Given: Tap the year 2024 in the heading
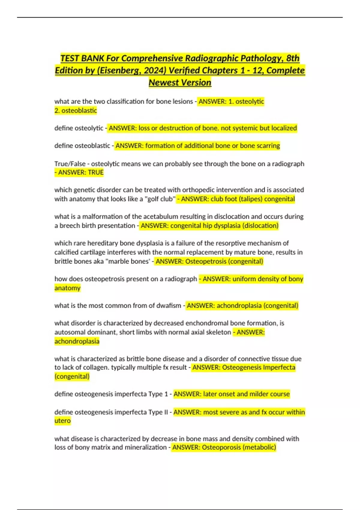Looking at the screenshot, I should click(155, 70).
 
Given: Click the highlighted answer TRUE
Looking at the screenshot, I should click(96, 172).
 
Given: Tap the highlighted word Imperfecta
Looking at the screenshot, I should click(279, 367).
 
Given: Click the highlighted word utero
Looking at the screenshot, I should click(62, 421).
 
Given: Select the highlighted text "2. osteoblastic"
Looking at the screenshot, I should click(76, 111).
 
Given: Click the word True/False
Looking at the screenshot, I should click(70, 164).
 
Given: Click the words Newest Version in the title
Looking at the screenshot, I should click(180, 82).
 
